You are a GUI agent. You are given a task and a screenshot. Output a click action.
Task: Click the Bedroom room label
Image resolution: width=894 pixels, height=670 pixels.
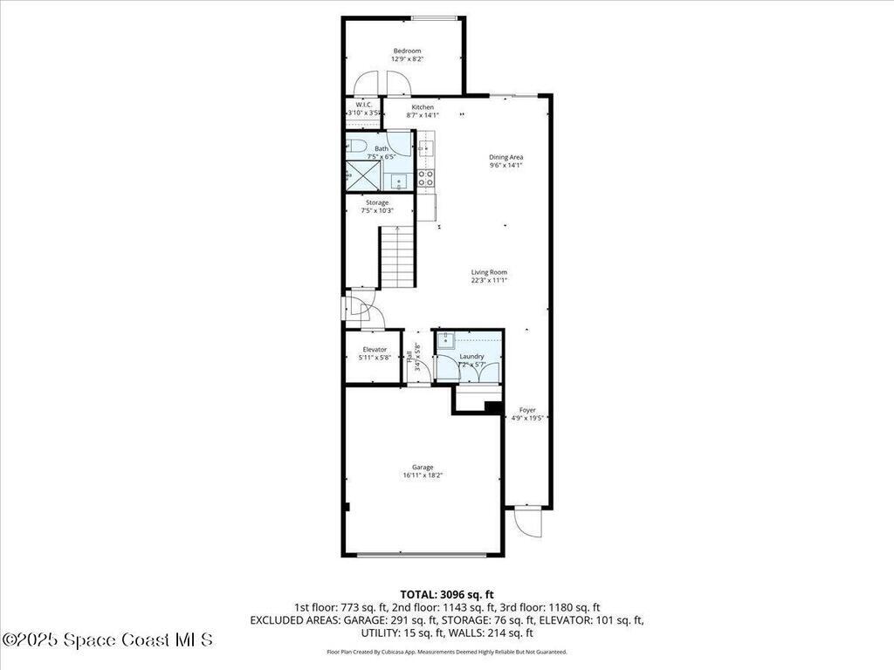(x=407, y=51)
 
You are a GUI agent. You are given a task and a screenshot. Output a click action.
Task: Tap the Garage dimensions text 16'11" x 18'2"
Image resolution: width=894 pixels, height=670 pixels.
(x=423, y=475)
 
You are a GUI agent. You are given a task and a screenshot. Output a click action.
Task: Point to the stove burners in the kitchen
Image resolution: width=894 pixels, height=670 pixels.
(x=425, y=178)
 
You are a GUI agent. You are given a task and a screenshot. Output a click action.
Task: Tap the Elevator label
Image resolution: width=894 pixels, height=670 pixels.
(x=375, y=349)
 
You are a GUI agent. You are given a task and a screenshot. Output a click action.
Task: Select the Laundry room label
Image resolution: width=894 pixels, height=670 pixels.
(x=471, y=356)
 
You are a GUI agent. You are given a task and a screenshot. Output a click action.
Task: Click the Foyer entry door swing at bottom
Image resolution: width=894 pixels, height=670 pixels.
(x=527, y=523)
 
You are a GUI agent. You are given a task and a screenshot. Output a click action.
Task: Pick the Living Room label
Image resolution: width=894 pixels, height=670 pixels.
(x=489, y=272)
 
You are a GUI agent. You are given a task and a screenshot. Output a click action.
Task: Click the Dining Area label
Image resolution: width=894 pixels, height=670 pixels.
(x=505, y=157)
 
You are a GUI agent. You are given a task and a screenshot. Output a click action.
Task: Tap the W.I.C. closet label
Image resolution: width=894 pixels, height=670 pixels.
(x=364, y=105)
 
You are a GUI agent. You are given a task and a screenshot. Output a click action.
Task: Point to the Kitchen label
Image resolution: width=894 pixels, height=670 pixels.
(x=423, y=107)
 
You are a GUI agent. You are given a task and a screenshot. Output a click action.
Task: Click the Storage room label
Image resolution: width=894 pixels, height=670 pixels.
(x=377, y=202)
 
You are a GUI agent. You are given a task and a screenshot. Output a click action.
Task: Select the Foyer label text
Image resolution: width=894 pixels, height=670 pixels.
(x=527, y=409)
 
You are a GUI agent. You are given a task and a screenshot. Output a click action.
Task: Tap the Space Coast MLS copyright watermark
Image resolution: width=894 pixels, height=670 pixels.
(x=107, y=639)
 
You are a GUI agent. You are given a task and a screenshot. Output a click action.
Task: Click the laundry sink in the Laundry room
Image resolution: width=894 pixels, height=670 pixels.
(x=445, y=339)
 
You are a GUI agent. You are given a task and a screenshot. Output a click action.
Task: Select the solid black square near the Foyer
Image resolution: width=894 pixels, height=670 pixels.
(x=492, y=407)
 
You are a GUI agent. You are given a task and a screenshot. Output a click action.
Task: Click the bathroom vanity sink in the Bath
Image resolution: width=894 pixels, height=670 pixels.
(x=397, y=181)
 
